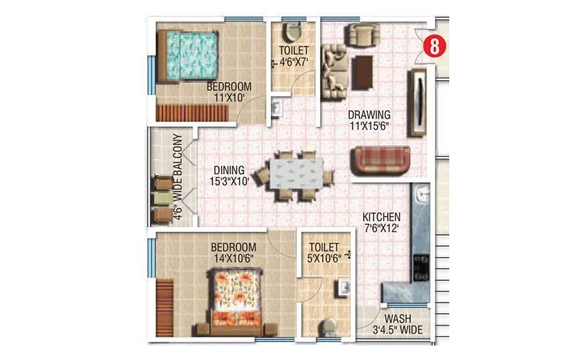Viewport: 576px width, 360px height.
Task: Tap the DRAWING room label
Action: [369, 114]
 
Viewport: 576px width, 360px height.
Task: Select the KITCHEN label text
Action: [381, 217]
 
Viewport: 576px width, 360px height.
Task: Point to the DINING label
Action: [227, 171]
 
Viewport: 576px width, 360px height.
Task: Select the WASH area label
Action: [397, 319]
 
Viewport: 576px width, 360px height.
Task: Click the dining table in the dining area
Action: [297, 174]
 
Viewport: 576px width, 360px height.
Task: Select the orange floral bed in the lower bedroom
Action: [232, 298]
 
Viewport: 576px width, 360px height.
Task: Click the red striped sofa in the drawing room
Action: [381, 159]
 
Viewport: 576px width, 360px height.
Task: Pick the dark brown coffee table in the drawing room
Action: [362, 72]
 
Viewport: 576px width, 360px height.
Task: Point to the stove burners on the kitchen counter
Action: [422, 266]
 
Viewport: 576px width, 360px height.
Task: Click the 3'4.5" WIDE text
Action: [397, 331]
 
